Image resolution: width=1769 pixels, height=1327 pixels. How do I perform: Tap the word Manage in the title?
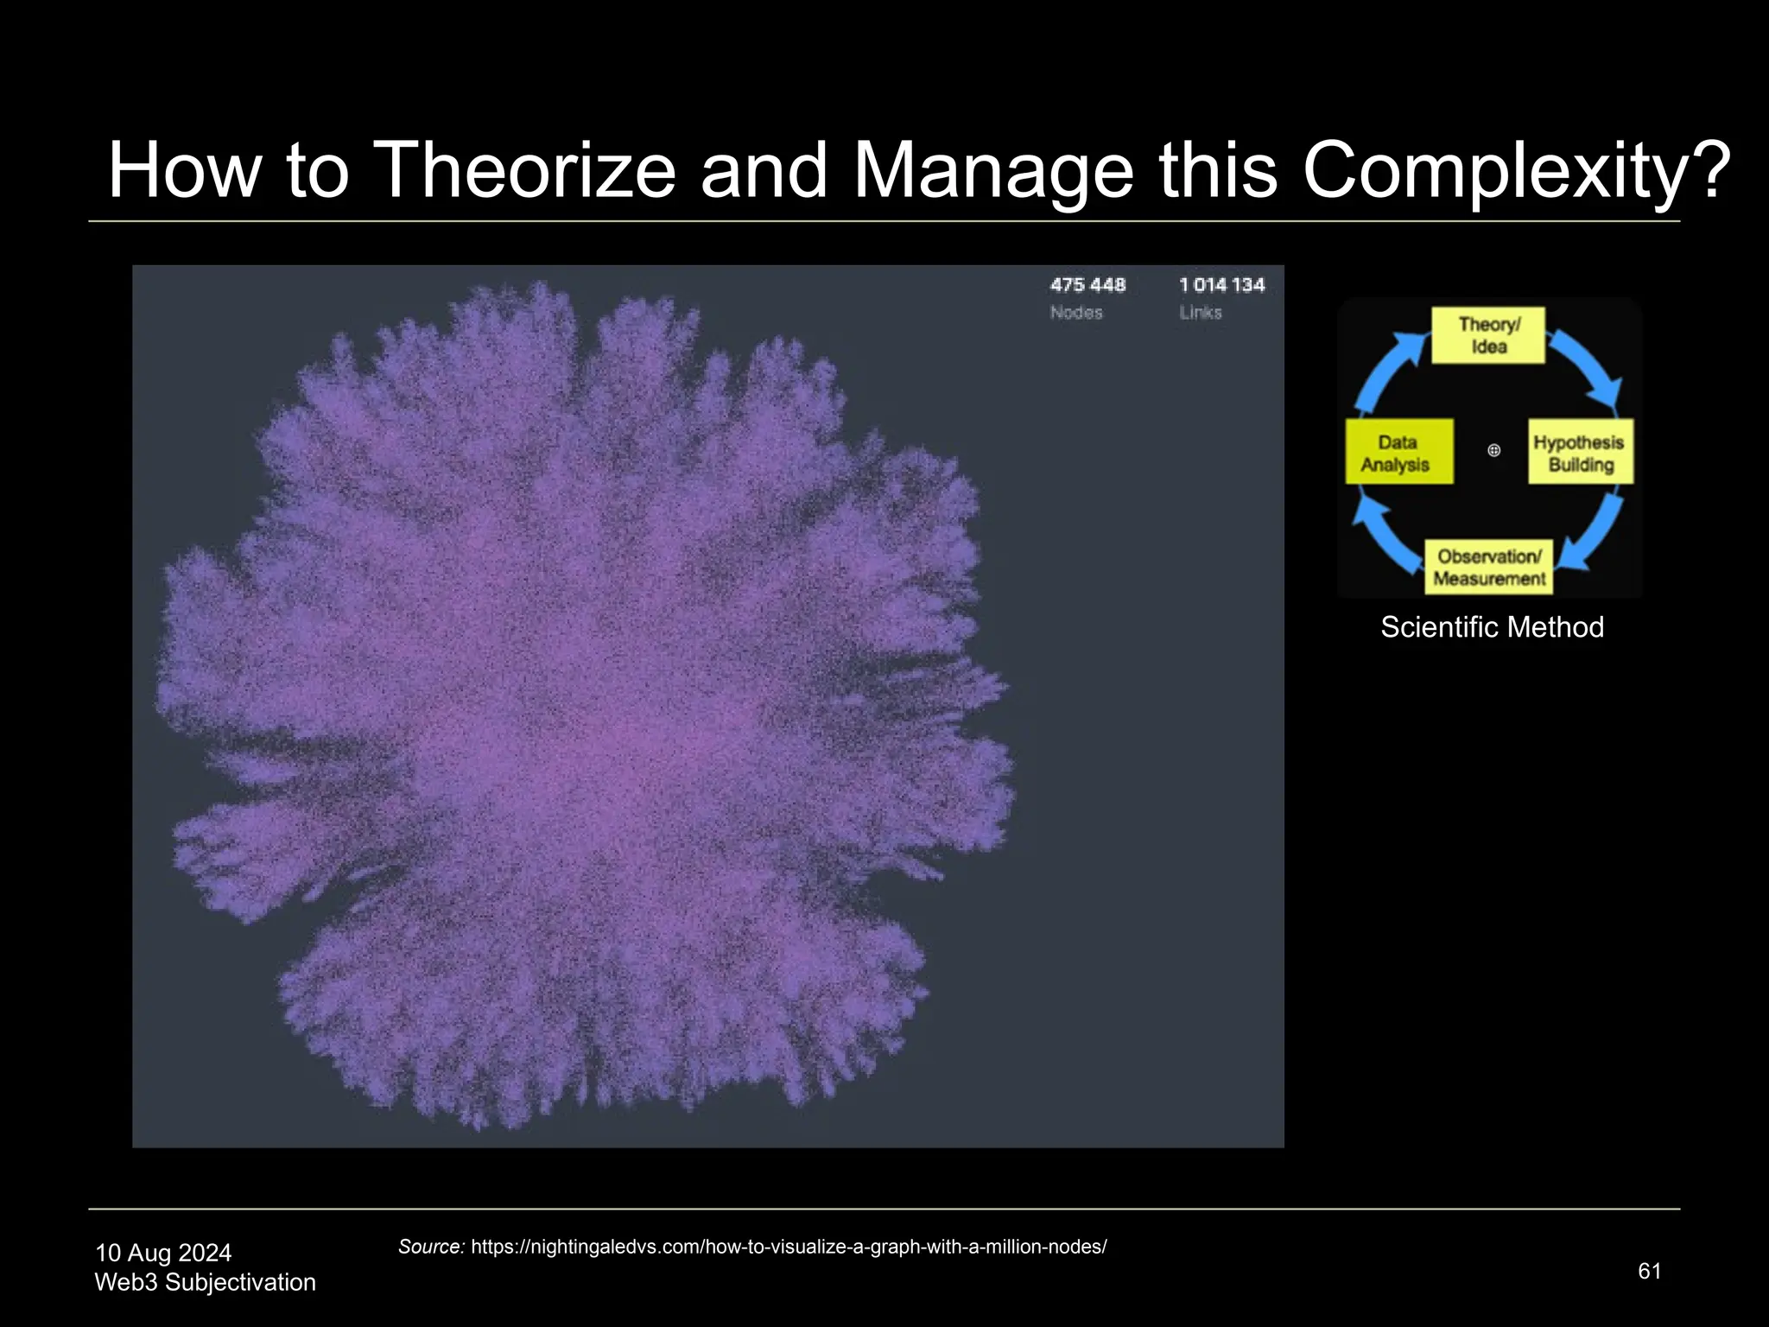pos(993,170)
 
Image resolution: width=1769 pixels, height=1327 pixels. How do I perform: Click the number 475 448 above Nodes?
pos(1087,285)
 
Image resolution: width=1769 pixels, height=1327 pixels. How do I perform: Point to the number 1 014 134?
pos(1221,285)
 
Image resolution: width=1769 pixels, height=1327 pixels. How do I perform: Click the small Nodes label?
pos(1076,313)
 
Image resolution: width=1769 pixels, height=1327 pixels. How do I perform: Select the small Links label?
pos(1201,313)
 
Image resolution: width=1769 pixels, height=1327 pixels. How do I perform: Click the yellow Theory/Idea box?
pos(1488,336)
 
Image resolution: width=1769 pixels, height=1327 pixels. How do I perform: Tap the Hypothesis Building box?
pos(1580,453)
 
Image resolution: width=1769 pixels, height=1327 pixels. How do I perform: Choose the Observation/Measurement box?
pos(1488,568)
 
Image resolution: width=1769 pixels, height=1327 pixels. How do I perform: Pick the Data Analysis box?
pos(1398,453)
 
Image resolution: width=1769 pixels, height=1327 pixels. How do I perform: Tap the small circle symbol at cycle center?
pos(1493,450)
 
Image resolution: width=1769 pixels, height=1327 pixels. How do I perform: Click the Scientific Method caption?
pos(1492,627)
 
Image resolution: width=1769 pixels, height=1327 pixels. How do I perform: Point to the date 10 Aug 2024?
pos(163,1253)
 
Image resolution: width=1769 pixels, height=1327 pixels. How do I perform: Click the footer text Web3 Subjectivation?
pos(205,1282)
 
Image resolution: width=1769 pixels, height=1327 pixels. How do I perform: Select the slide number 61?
pos(1649,1271)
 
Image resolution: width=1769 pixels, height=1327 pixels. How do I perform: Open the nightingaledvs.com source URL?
pos(788,1247)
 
